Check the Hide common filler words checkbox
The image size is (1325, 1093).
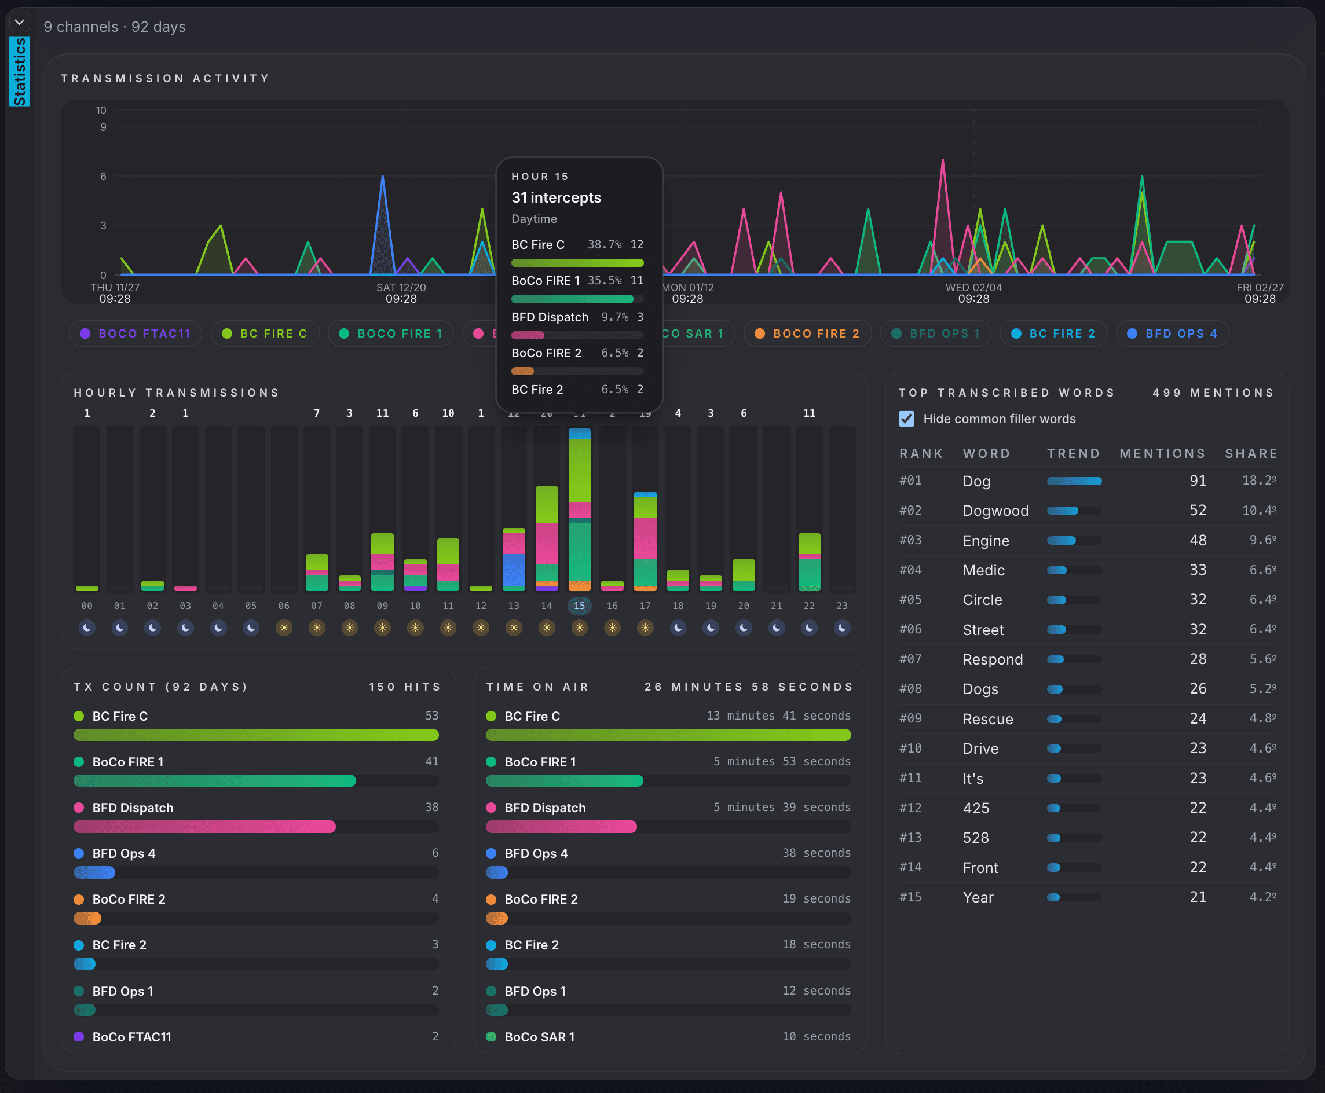point(906,419)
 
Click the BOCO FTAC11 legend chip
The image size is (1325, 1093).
point(136,333)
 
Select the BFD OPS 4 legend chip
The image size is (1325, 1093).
point(1173,333)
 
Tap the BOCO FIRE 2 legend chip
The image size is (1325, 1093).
point(807,333)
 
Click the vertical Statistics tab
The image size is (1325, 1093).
point(20,71)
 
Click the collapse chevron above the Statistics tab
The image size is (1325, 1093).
point(20,23)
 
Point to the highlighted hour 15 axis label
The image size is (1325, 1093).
point(579,606)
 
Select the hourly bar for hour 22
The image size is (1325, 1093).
point(809,562)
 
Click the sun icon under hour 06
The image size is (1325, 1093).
point(284,628)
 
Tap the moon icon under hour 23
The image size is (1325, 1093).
point(842,628)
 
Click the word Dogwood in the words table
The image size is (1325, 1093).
point(995,511)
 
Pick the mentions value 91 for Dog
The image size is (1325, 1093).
point(1198,481)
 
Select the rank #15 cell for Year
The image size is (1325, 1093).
point(910,897)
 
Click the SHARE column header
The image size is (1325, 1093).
point(1251,453)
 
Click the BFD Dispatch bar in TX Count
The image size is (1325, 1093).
point(204,827)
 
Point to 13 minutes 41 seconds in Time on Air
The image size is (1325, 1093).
point(778,716)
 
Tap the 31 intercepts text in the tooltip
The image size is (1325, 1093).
point(556,197)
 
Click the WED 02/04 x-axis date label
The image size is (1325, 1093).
point(973,288)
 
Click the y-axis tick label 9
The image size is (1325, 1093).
point(103,127)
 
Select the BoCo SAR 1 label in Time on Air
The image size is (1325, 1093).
point(539,1037)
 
